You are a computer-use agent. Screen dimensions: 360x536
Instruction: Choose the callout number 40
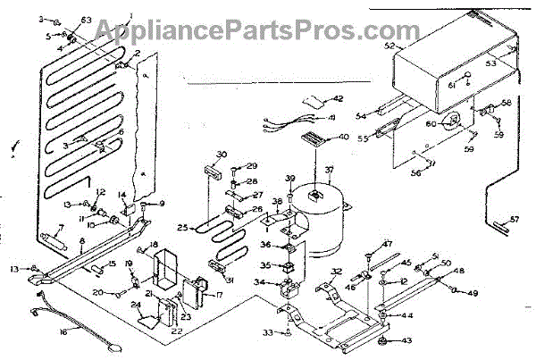point(344,137)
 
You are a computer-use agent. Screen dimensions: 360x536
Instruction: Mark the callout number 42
point(339,98)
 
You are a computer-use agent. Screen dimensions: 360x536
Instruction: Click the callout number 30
point(222,154)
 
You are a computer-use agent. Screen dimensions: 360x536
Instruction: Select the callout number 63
point(86,20)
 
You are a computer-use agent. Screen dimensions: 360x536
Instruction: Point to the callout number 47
point(388,244)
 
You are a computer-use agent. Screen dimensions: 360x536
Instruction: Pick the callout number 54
point(362,115)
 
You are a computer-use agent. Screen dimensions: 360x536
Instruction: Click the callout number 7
point(60,228)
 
